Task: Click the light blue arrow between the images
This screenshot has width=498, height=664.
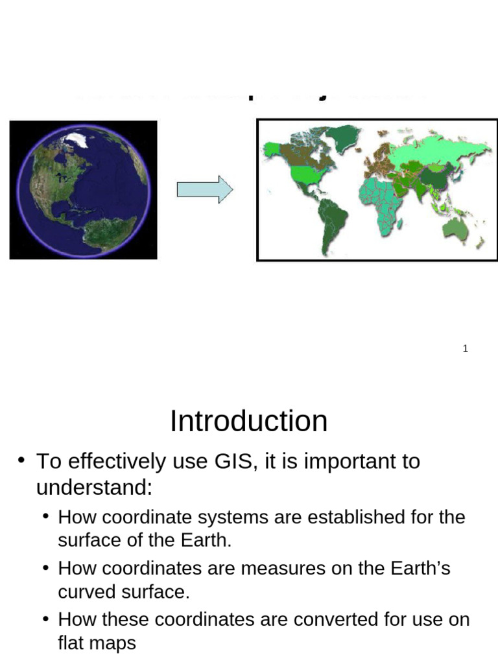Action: [204, 189]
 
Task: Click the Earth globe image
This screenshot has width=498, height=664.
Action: [83, 189]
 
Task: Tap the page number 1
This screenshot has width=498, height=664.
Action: [466, 349]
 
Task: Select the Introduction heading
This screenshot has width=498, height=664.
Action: [248, 421]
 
